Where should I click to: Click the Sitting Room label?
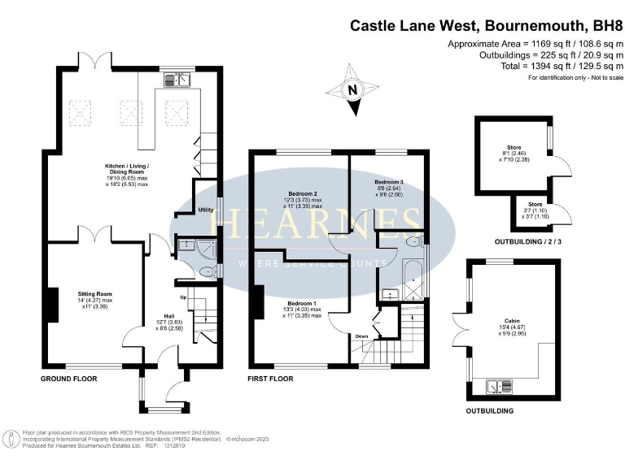[x=94, y=293]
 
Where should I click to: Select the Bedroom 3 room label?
[x=389, y=182]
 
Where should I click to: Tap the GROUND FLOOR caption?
[x=69, y=379]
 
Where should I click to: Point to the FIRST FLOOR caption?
[x=274, y=379]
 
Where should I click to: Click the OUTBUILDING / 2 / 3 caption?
[x=528, y=243]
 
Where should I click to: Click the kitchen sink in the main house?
[x=176, y=79]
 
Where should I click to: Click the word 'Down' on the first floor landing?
[x=361, y=335]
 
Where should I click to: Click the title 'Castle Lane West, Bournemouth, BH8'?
[x=481, y=25]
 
